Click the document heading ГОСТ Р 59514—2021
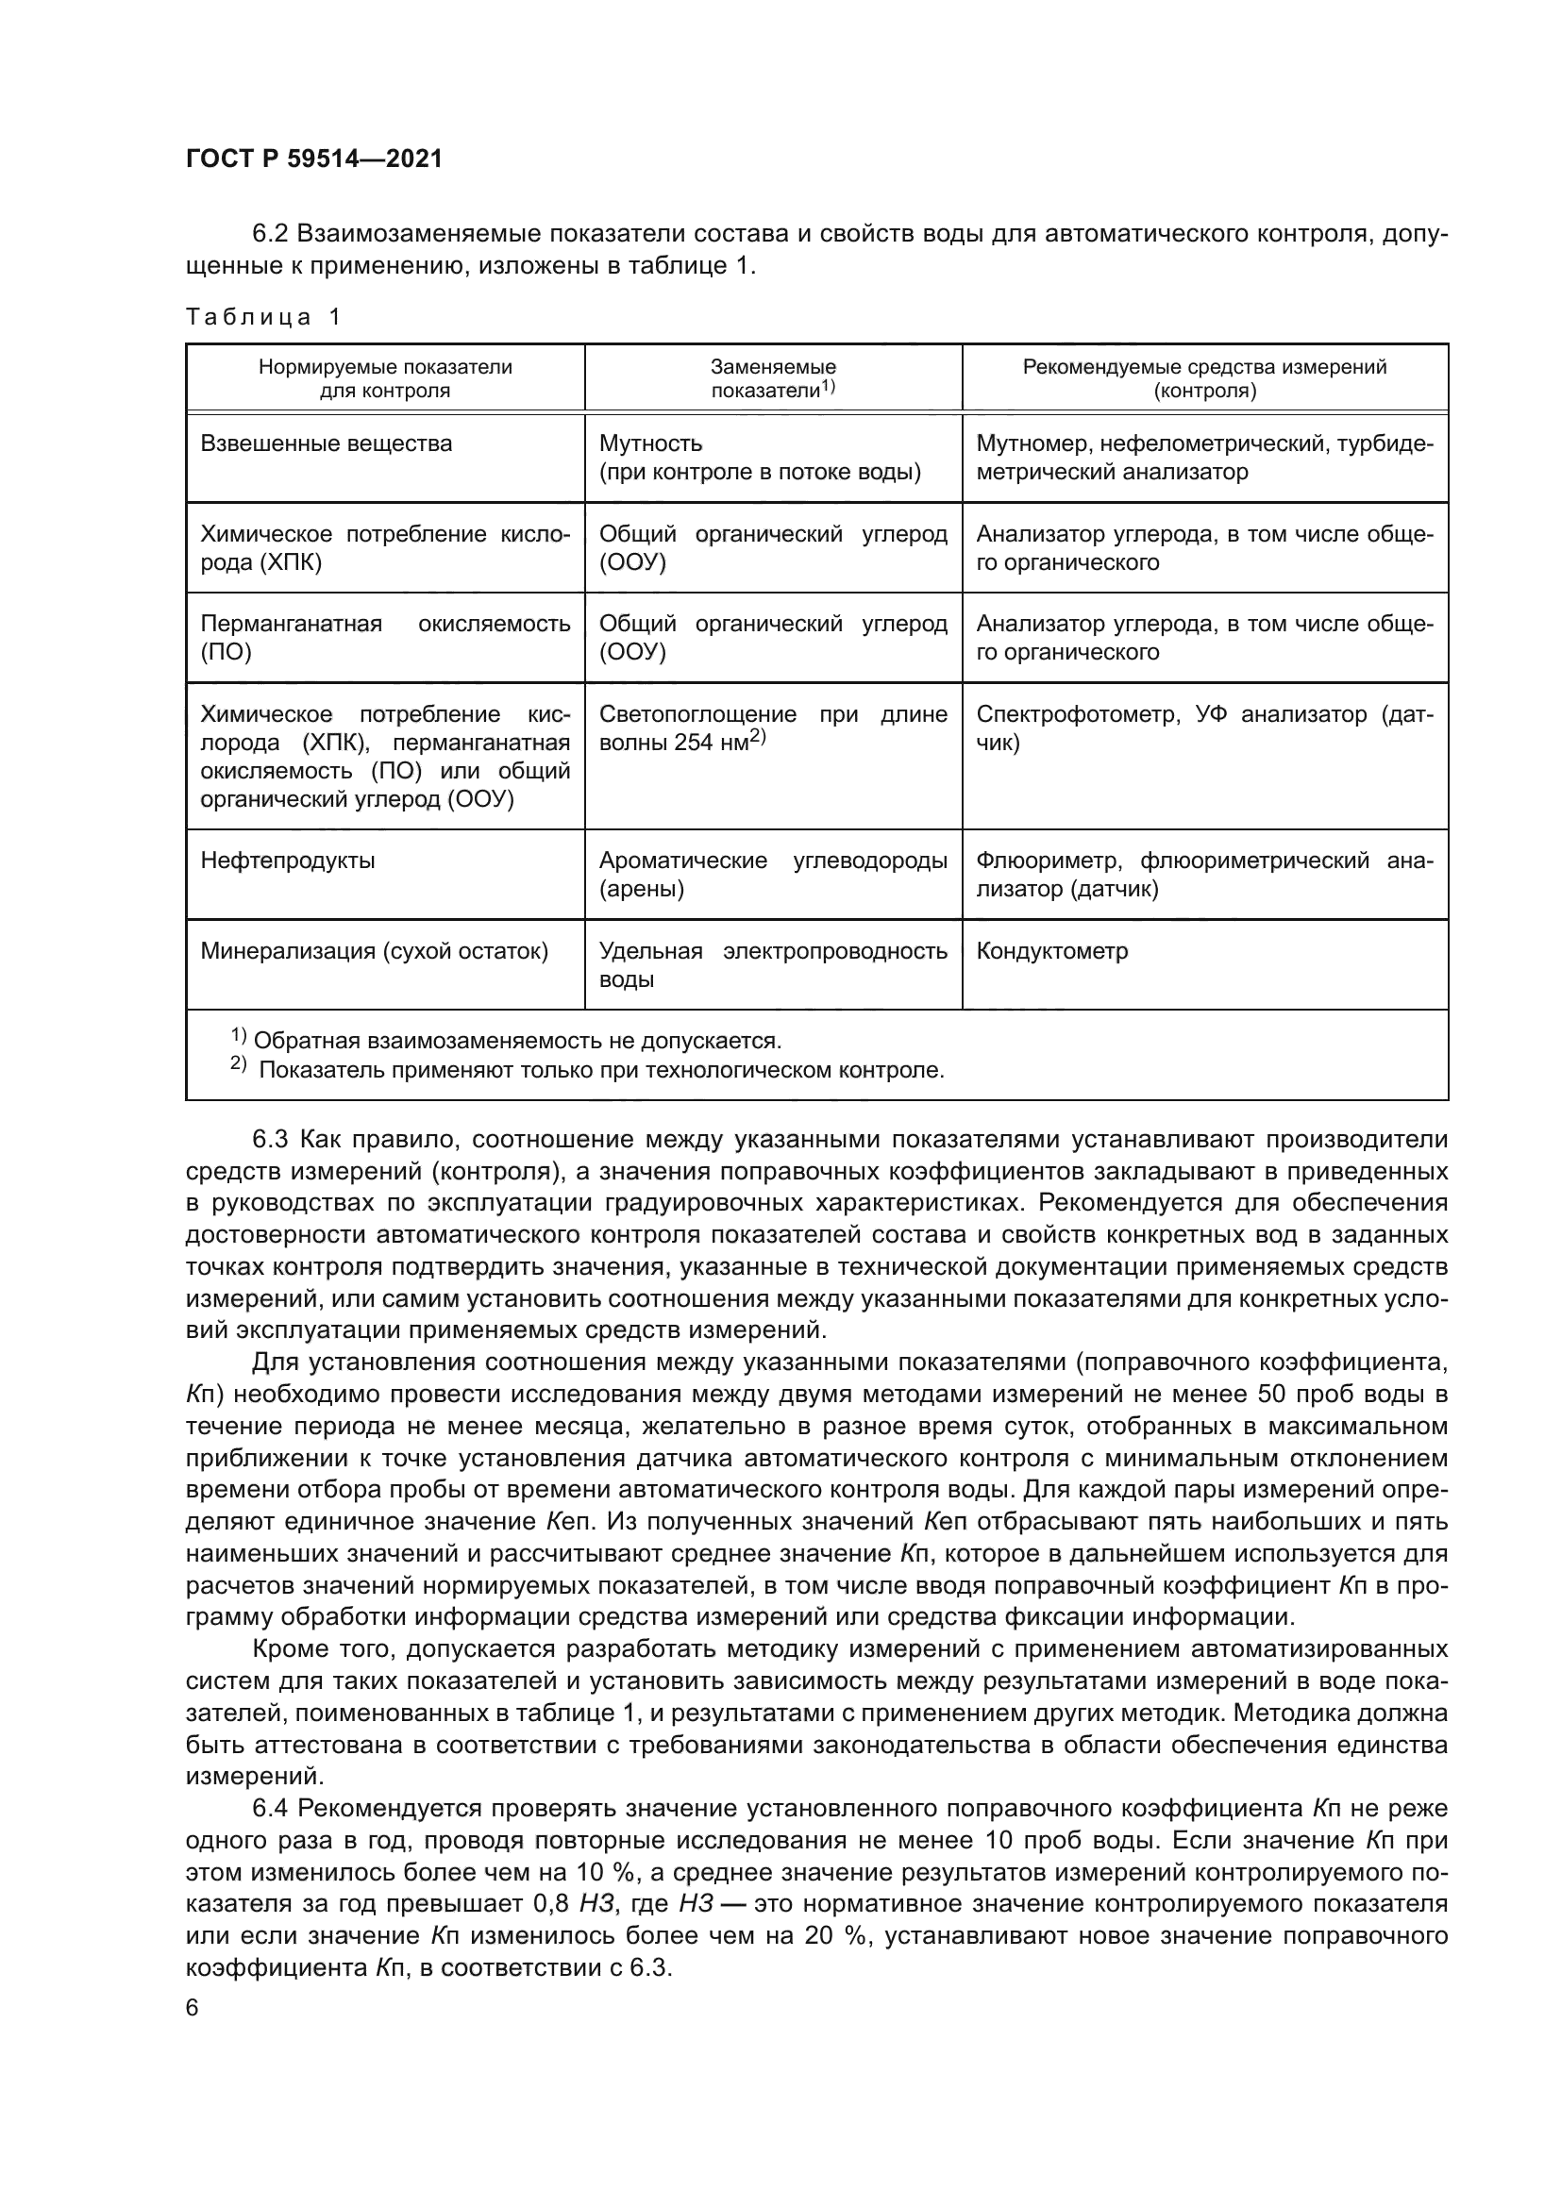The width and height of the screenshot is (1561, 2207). (314, 159)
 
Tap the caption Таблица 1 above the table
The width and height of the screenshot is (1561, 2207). (263, 317)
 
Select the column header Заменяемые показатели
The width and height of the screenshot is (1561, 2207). (773, 378)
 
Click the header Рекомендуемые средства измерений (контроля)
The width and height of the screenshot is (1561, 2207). (1204, 378)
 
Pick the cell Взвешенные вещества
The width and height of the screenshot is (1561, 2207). (326, 444)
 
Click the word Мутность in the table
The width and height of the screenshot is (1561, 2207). (651, 444)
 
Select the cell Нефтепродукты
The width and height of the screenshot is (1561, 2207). (288, 861)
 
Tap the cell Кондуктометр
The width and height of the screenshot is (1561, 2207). (1051, 952)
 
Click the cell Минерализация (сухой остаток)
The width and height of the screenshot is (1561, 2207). (374, 952)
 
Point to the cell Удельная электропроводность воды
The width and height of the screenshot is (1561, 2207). (773, 965)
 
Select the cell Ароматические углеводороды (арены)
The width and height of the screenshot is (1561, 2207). (773, 875)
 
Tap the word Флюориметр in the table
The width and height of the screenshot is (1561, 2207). (1038, 861)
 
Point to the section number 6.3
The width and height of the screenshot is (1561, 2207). (270, 1140)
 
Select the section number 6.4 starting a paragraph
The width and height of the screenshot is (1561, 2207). (270, 1810)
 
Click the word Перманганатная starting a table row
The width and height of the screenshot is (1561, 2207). (292, 624)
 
